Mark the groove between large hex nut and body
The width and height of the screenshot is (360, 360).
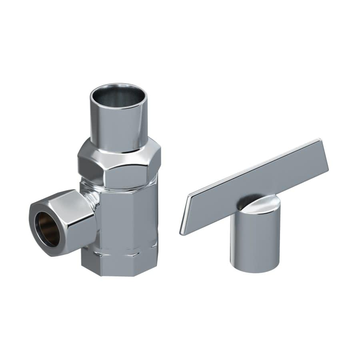(x=120, y=186)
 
